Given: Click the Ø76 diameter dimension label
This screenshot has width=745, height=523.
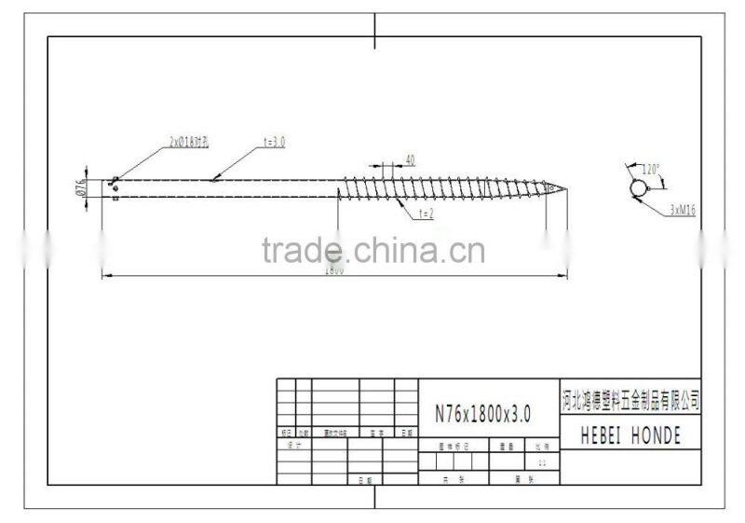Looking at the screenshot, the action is tap(80, 187).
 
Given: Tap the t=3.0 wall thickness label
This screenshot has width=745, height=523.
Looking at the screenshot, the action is tap(274, 142).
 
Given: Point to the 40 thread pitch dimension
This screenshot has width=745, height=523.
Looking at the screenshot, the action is tap(410, 159).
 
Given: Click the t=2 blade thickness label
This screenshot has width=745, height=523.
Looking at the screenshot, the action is tap(426, 213).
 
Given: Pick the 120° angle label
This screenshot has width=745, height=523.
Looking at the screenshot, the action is tap(651, 169).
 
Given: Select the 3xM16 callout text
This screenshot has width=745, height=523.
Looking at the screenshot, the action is tap(682, 211).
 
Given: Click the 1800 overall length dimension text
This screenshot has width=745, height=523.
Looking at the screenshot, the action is tap(334, 270).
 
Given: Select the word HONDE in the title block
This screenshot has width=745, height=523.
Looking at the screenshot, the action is tap(657, 435).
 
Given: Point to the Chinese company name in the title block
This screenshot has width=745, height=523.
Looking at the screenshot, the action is tap(630, 401).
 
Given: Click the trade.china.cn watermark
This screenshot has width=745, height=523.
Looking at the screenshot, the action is tap(372, 250).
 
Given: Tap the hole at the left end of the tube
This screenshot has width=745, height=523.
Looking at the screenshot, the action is tap(114, 181).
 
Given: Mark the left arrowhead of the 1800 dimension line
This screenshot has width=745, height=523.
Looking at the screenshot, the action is tap(105, 274).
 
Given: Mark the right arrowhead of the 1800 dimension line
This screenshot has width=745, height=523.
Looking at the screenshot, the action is tap(564, 274).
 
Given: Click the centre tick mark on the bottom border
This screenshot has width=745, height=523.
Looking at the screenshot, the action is tap(374, 496).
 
